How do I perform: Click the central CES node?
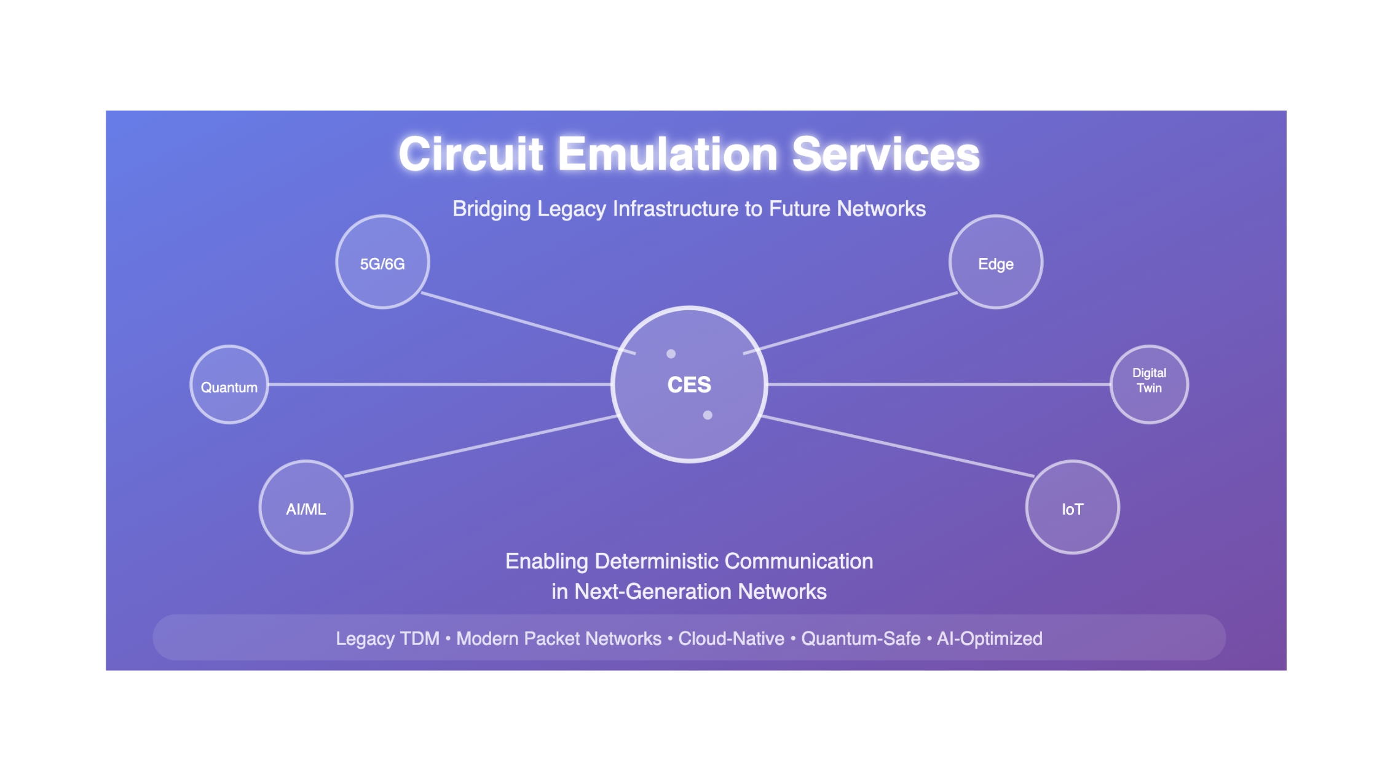[689, 384]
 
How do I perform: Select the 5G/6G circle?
[382, 262]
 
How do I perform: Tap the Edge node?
[996, 262]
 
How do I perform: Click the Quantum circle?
[229, 385]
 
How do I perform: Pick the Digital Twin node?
[1149, 385]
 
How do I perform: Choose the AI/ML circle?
[306, 507]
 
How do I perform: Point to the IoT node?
[1073, 507]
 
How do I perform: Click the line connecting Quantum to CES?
[440, 385]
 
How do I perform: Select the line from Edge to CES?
[851, 323]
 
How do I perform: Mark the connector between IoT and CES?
[898, 446]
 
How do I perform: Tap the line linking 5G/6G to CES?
[528, 323]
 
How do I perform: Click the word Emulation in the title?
[668, 154]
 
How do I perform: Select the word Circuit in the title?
[471, 154]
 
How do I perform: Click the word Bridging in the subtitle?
[491, 209]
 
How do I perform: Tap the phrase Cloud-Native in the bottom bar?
[731, 639]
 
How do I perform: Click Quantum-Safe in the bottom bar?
[861, 639]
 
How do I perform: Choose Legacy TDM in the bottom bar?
[387, 639]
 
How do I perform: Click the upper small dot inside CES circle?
[671, 354]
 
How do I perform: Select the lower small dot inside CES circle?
[708, 415]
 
